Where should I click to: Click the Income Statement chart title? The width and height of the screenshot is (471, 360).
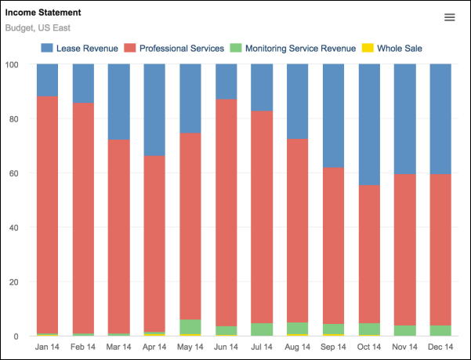click(43, 13)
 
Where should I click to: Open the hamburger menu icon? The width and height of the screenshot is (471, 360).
click(449, 17)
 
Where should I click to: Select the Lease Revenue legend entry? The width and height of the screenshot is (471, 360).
click(79, 49)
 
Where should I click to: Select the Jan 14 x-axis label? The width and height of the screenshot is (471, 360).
click(48, 347)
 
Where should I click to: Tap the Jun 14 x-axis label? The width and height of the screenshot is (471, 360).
click(226, 347)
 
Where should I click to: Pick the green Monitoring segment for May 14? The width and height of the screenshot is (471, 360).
click(190, 326)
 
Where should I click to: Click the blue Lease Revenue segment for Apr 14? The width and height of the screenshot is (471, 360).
click(155, 110)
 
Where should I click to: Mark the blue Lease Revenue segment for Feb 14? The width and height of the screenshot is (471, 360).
click(84, 83)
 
